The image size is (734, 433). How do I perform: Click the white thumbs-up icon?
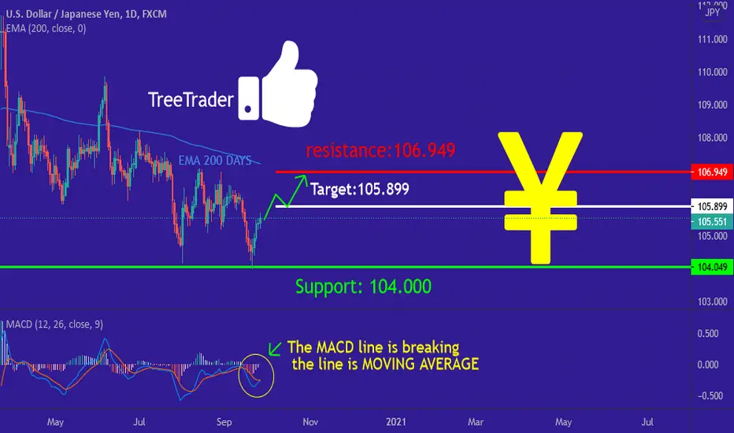click(279, 85)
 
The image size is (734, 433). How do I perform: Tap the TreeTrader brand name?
click(191, 100)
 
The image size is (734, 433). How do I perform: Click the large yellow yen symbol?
click(541, 198)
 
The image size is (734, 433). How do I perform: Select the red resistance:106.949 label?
click(380, 150)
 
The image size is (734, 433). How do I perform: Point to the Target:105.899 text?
click(359, 189)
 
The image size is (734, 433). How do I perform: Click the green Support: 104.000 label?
click(363, 286)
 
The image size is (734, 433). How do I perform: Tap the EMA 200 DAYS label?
click(215, 161)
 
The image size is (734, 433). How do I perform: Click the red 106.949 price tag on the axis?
click(712, 172)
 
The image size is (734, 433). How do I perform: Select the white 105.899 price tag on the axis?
click(712, 206)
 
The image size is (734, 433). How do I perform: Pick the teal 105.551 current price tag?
click(712, 221)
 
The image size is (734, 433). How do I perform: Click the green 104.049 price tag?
click(712, 267)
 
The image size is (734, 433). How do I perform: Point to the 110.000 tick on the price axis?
click(713, 72)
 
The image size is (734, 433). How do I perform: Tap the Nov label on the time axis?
click(310, 422)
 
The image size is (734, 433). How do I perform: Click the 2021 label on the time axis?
click(396, 422)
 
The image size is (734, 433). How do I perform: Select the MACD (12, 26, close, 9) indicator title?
click(54, 324)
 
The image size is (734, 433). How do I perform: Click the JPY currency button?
click(712, 12)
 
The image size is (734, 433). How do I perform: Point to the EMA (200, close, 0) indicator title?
click(46, 28)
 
